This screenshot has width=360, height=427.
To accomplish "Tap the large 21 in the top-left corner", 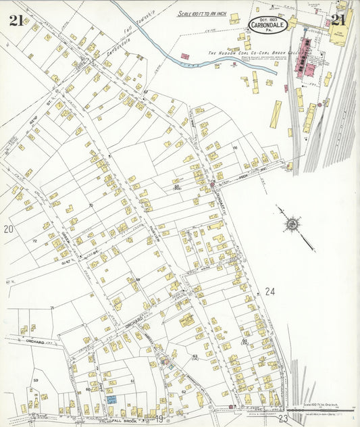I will click(x=16, y=20).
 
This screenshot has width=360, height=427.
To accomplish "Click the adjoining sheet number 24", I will click(x=270, y=292).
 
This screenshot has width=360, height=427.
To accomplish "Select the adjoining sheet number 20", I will click(x=9, y=230).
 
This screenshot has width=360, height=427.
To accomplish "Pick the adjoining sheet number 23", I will click(x=283, y=419).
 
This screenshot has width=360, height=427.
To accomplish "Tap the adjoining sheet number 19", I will click(x=159, y=419).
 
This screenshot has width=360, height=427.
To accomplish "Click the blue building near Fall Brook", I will click(x=111, y=399).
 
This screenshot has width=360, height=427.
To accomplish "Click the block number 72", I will click(x=34, y=240).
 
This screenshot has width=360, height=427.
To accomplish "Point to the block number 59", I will click(x=35, y=381).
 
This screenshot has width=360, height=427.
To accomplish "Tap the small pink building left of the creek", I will click(x=184, y=57).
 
